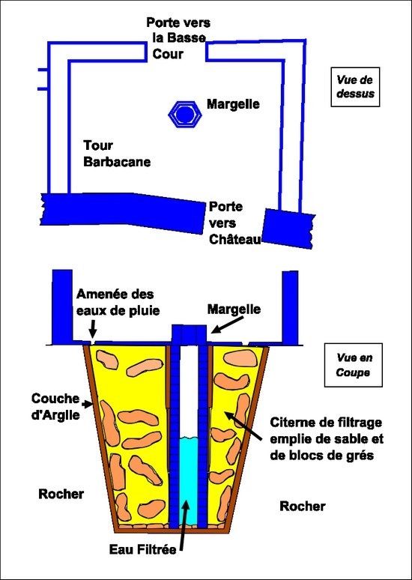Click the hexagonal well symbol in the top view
(x=185, y=115)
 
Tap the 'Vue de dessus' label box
(x=355, y=87)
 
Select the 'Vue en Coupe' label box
(x=353, y=365)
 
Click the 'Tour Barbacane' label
(x=117, y=154)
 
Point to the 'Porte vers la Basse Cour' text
(x=178, y=38)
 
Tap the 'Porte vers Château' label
(x=235, y=223)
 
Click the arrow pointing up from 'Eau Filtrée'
(x=184, y=525)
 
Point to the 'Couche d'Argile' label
(x=55, y=406)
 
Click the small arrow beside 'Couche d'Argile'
(x=88, y=405)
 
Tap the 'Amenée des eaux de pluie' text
(x=118, y=303)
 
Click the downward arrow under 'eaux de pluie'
(x=92, y=330)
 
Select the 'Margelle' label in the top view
(x=233, y=104)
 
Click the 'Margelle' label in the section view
(x=234, y=309)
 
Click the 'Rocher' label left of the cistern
(x=61, y=494)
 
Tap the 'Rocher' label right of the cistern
(x=303, y=506)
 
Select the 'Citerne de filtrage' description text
(x=327, y=438)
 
